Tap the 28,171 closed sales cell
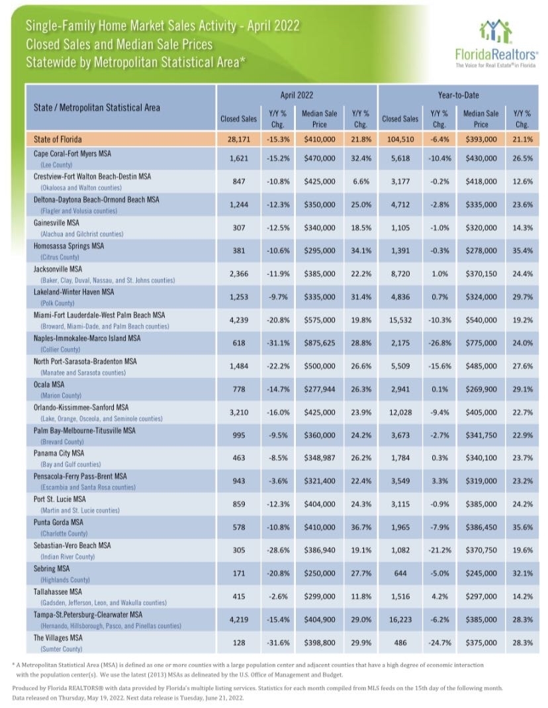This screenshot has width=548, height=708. click(x=238, y=140)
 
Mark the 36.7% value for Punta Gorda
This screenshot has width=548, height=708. click(x=360, y=529)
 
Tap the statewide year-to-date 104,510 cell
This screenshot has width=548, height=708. click(x=400, y=140)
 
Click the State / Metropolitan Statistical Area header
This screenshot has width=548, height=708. click(x=97, y=107)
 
